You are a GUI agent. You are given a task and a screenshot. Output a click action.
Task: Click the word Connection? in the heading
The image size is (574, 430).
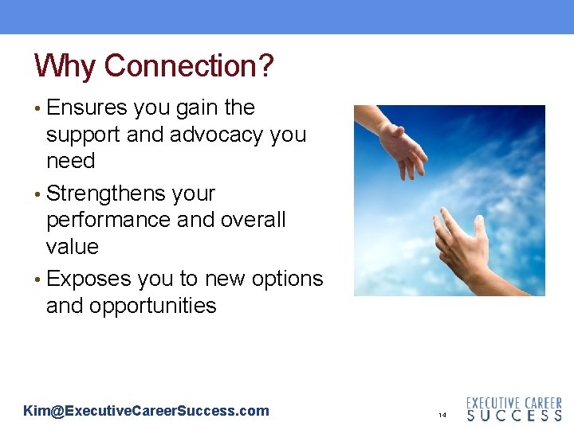(x=189, y=66)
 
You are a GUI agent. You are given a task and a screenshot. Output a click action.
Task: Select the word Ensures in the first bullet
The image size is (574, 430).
(x=87, y=107)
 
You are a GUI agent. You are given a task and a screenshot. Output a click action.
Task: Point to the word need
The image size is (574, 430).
(x=70, y=161)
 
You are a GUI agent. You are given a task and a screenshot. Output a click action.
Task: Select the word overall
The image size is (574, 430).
(x=247, y=220)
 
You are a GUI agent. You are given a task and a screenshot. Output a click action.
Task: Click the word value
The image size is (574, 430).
(x=72, y=247)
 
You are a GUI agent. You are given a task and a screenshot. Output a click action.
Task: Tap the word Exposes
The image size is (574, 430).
(x=88, y=279)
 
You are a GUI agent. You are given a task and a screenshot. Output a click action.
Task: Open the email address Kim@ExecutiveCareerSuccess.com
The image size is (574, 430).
(x=146, y=411)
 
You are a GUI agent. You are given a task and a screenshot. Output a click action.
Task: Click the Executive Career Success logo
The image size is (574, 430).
(x=513, y=409)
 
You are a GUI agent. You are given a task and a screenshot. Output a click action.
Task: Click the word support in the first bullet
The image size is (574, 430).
(x=83, y=135)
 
